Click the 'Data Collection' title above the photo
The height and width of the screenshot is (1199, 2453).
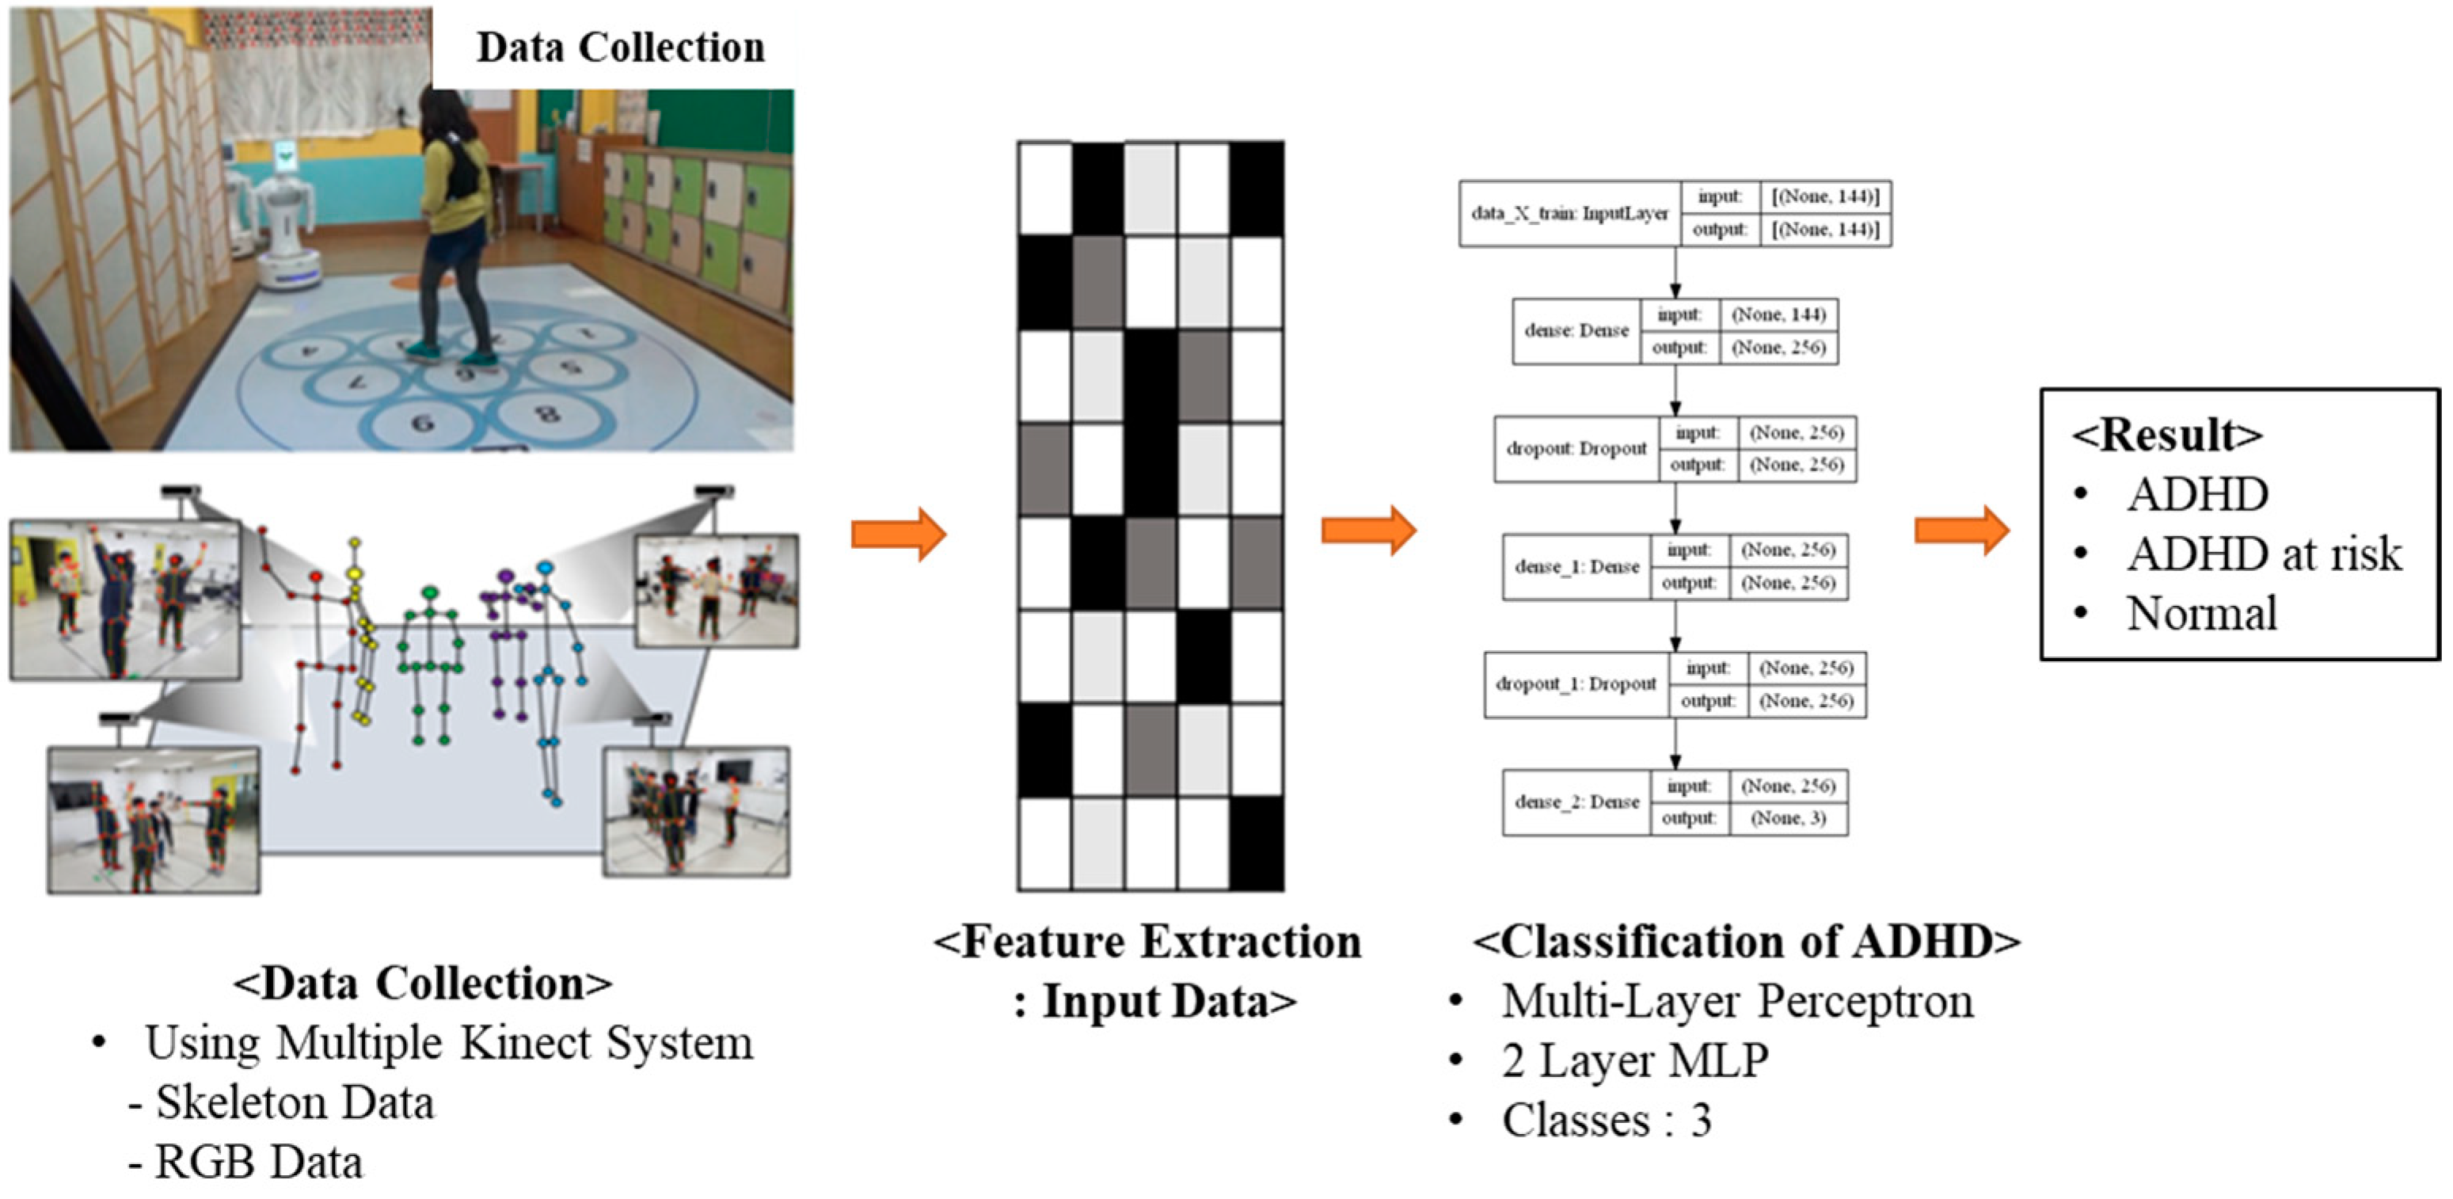[x=620, y=48]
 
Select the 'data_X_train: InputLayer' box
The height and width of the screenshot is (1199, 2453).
[x=1569, y=213]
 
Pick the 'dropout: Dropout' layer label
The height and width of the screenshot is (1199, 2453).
[x=1576, y=448]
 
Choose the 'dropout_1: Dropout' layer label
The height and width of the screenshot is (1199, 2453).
[x=1576, y=683]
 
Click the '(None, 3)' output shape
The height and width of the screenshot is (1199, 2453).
[x=1789, y=818]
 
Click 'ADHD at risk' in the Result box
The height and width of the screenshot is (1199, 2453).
[x=2264, y=554]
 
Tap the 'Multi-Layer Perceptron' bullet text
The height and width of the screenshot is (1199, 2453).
[x=1737, y=1001]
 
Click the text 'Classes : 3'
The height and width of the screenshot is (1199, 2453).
[x=1607, y=1120]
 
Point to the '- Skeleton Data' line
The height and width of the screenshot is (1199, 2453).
[x=283, y=1103]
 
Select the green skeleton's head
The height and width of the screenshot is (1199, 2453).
[x=429, y=593]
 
